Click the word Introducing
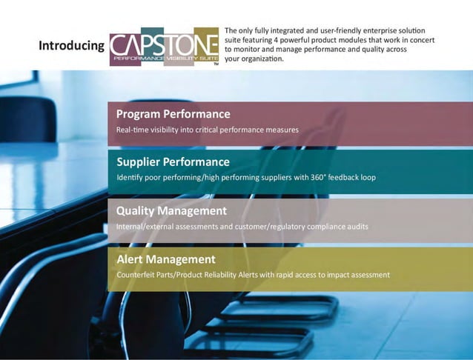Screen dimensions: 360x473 click(71, 46)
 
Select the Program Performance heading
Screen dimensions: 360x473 click(173, 114)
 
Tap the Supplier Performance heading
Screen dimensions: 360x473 click(173, 161)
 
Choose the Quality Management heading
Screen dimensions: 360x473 click(171, 211)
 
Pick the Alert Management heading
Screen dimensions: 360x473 click(166, 259)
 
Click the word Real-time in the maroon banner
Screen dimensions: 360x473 click(131, 130)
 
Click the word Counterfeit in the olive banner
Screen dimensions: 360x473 click(134, 275)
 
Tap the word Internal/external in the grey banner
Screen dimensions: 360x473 click(143, 226)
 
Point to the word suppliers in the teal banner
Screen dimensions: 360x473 click(268, 178)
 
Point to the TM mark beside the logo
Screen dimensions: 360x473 click(216, 64)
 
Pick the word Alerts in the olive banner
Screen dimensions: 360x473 click(248, 275)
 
